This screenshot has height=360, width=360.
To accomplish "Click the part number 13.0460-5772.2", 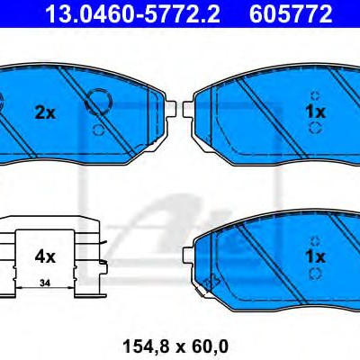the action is pyautogui.click(x=132, y=13).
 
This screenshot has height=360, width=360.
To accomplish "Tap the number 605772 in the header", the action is pyautogui.click(x=291, y=13).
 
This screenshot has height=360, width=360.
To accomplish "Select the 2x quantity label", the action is pyautogui.click(x=45, y=113).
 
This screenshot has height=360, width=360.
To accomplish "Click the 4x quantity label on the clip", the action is pyautogui.click(x=45, y=257).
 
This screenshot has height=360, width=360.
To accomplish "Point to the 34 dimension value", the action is pyautogui.click(x=45, y=283).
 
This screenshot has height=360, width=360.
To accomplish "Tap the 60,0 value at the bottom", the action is pyautogui.click(x=210, y=346).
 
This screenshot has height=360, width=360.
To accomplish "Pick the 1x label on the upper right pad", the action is pyautogui.click(x=315, y=112).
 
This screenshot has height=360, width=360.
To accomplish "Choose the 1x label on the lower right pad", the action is pyautogui.click(x=315, y=256).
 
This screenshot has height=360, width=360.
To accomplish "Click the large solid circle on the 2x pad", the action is pyautogui.click(x=98, y=102).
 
